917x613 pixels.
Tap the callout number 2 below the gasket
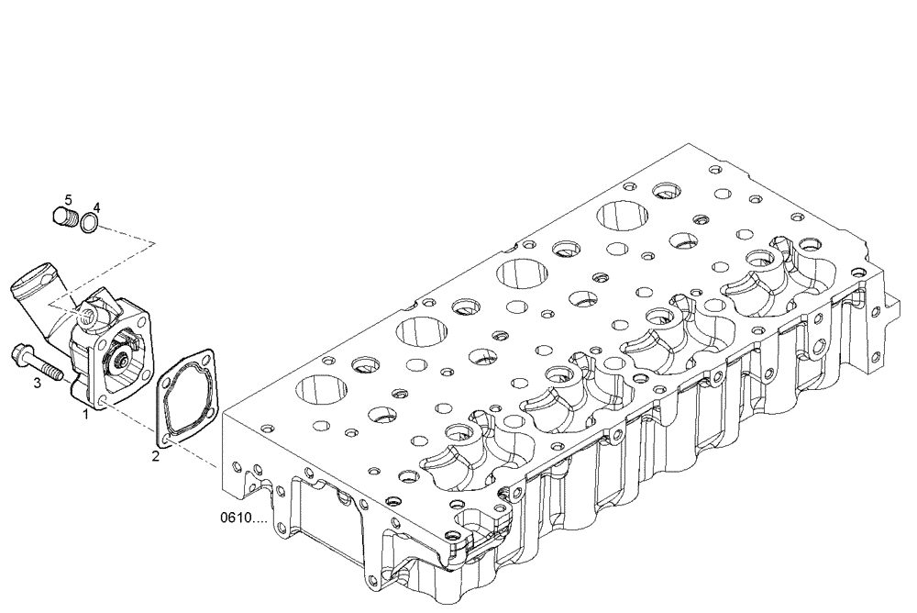[156, 455]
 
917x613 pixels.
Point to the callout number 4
[96, 207]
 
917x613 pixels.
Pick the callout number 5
[67, 199]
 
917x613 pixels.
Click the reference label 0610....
[243, 518]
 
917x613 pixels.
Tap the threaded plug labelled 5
[61, 217]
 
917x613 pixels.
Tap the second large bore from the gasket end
[421, 333]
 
